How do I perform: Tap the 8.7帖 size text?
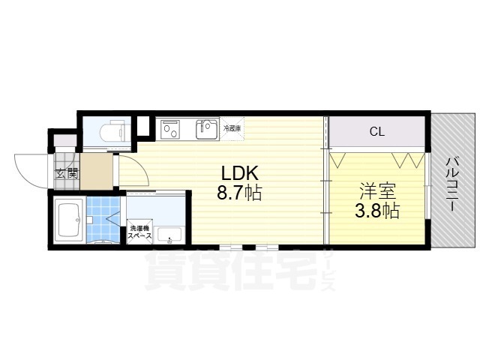[238, 193]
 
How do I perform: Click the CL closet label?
[376, 133]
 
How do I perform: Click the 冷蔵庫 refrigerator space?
[232, 128]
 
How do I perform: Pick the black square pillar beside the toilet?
[142, 126]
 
